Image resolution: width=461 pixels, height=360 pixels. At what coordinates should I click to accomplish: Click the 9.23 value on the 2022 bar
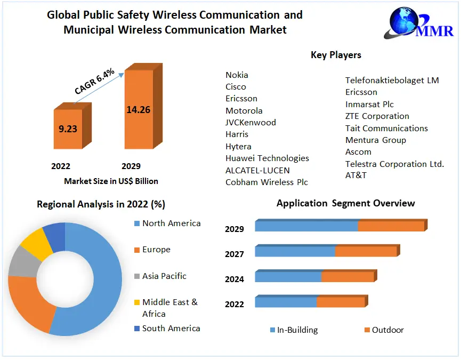[x=68, y=129]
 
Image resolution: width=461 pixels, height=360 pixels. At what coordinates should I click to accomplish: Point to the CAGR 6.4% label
[x=94, y=82]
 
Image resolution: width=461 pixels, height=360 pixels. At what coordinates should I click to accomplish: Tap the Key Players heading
[x=336, y=55]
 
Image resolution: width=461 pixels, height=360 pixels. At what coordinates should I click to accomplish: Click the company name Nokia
[x=237, y=75]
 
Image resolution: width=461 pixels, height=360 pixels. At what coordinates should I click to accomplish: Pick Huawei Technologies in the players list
[x=267, y=158]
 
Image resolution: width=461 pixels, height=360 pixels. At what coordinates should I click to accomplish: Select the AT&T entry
[x=356, y=175]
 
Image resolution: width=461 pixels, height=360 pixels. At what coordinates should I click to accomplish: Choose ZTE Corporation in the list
[x=377, y=116]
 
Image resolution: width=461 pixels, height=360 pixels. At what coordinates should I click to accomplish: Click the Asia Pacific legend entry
[x=164, y=276]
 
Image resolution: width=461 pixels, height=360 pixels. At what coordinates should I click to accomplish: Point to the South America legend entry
[x=171, y=329]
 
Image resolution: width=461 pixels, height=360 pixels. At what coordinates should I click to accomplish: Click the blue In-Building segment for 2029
[x=306, y=226]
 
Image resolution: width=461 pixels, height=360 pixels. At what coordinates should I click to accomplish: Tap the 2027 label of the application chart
[x=234, y=254]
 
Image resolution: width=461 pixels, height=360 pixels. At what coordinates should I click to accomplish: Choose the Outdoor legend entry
[x=387, y=330]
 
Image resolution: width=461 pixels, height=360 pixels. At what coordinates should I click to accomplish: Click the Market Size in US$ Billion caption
[x=111, y=181]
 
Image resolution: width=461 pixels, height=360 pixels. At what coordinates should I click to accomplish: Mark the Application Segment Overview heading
[x=345, y=203]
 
